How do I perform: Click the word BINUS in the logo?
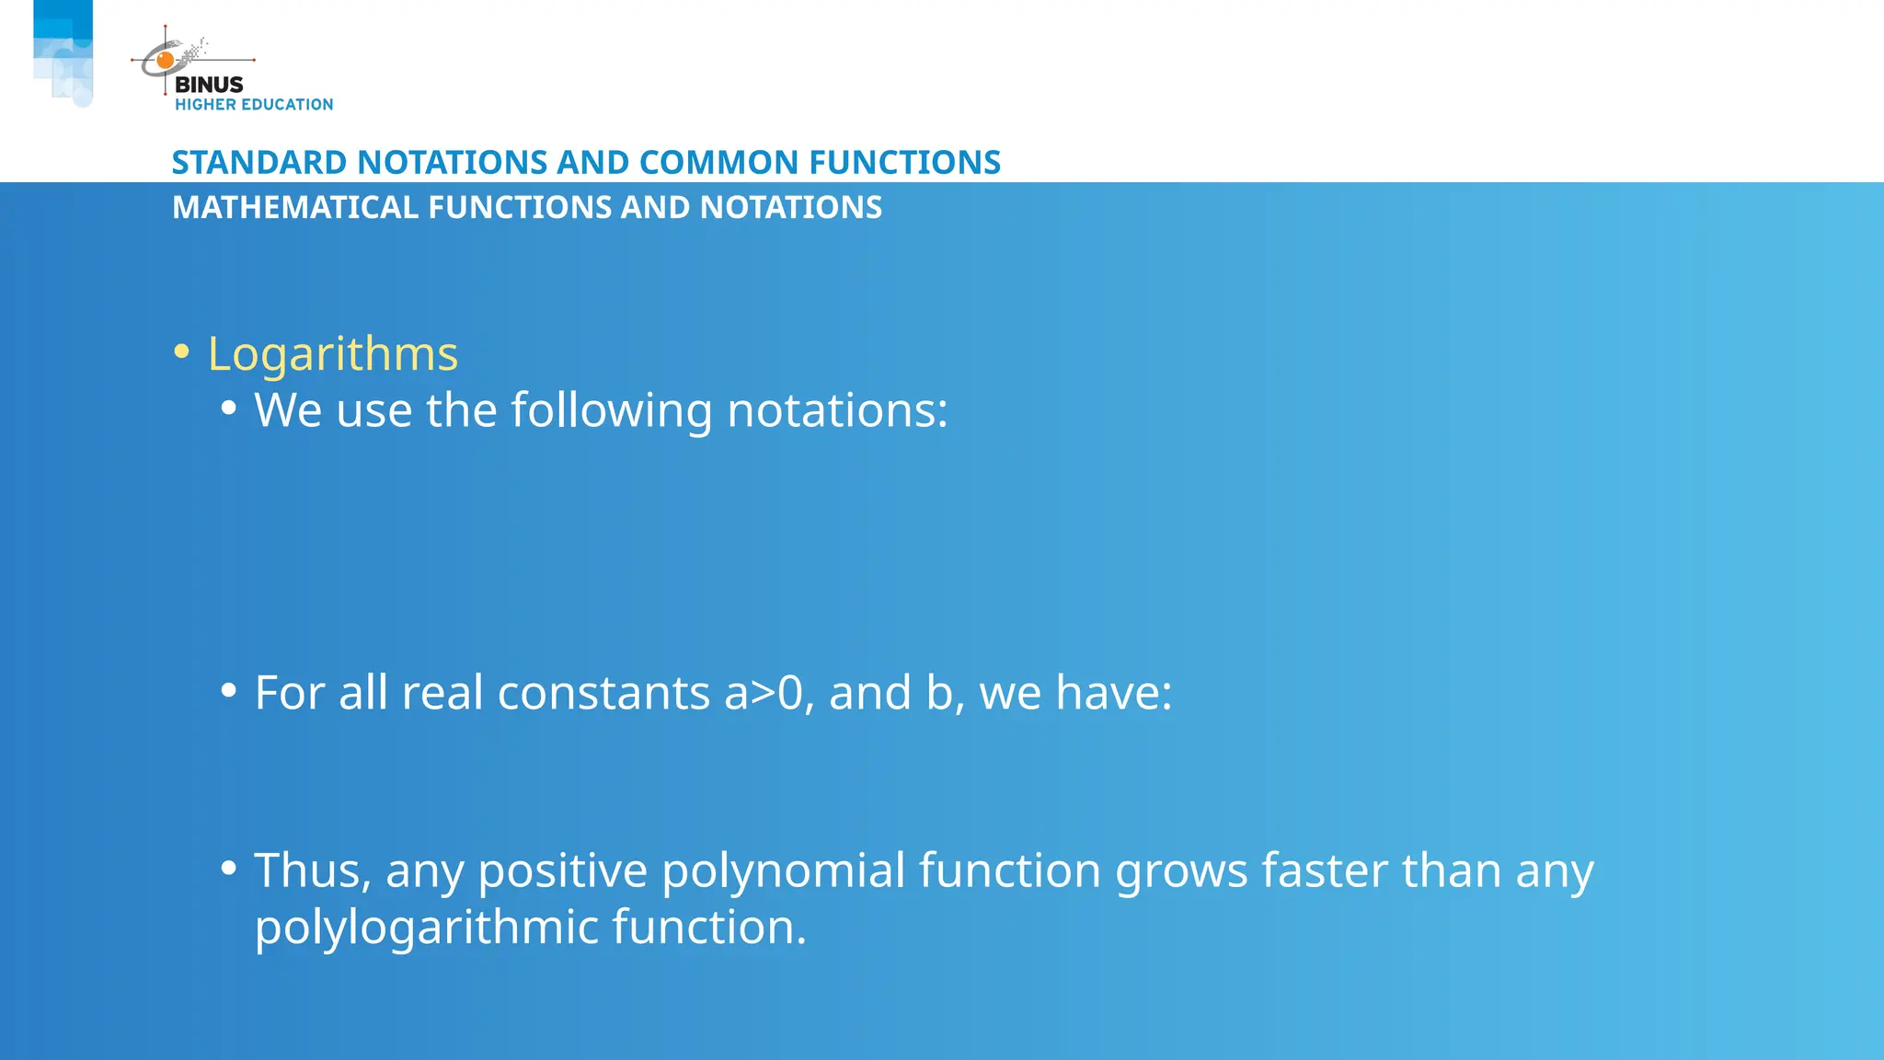pos(209,85)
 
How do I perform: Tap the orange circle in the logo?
pos(166,61)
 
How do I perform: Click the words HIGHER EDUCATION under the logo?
pos(254,105)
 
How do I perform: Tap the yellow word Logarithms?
pos(332,354)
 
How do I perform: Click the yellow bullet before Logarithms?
pos(181,351)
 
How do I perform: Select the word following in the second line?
pos(611,410)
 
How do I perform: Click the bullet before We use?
pos(229,408)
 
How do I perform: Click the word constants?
pos(603,693)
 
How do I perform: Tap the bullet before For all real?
pos(229,690)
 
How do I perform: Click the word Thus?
pos(311,870)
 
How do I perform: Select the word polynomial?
pos(784,870)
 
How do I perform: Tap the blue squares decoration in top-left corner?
pos(63,52)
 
